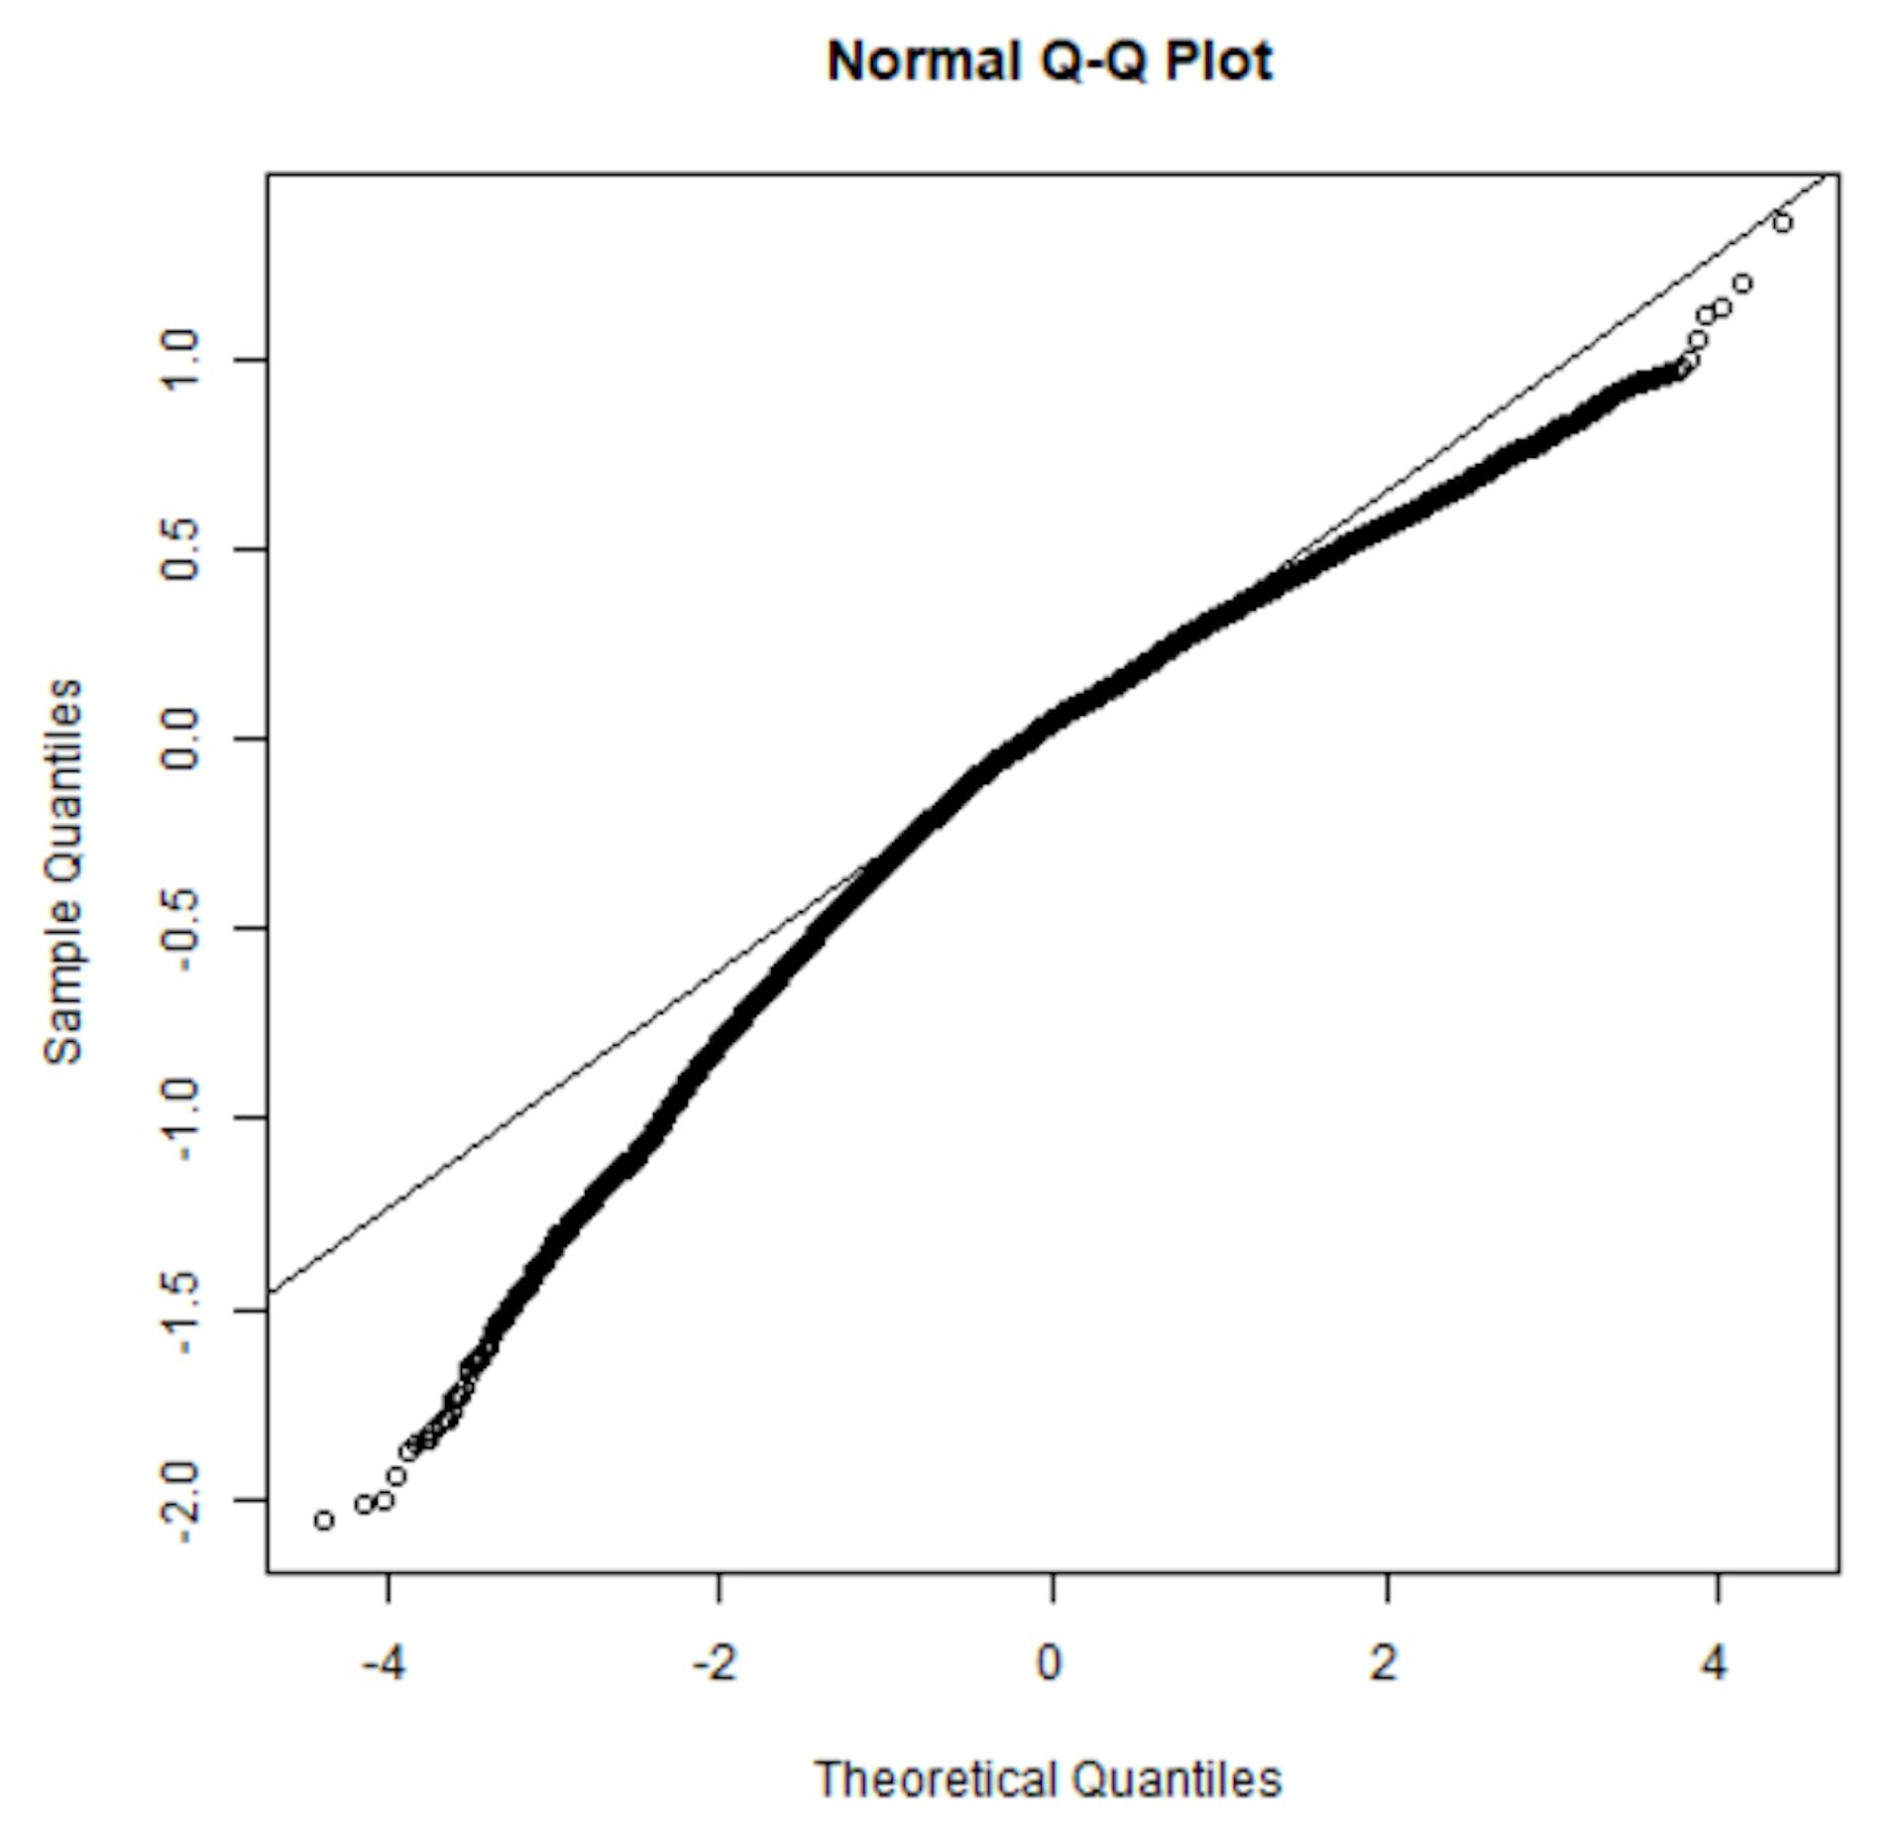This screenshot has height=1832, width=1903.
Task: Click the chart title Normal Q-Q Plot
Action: point(1049,61)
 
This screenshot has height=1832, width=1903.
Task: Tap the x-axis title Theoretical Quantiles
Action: point(1048,1779)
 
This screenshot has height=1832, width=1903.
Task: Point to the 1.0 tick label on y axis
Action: point(181,360)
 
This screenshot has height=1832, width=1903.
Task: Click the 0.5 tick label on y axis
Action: point(181,549)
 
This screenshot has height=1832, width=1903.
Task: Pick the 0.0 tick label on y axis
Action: point(181,739)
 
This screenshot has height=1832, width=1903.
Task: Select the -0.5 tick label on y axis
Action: point(181,928)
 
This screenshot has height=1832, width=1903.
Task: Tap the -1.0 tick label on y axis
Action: point(181,1118)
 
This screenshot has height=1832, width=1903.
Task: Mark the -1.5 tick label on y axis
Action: point(181,1310)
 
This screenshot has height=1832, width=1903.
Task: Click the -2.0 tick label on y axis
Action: point(181,1500)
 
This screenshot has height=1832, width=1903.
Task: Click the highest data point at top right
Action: point(1782,222)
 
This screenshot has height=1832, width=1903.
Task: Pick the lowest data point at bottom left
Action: point(323,1521)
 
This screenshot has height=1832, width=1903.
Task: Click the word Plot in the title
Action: point(1218,61)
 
